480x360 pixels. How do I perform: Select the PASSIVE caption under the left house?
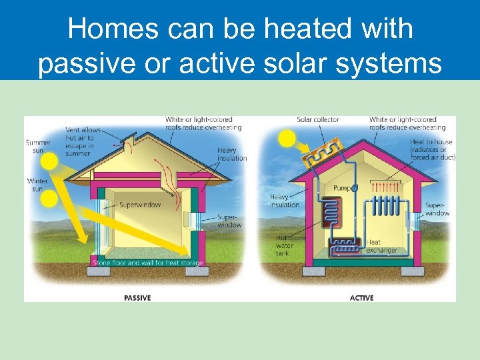137,297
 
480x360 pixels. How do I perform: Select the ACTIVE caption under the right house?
361,297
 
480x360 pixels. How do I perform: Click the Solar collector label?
318,120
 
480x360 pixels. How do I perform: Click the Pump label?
342,189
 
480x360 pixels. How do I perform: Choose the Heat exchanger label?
382,247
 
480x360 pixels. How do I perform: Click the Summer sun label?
38,146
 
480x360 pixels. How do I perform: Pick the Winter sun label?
37,185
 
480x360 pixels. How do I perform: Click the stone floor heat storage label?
147,263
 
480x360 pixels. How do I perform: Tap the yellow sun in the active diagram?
287,138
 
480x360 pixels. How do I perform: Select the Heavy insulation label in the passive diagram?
231,154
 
